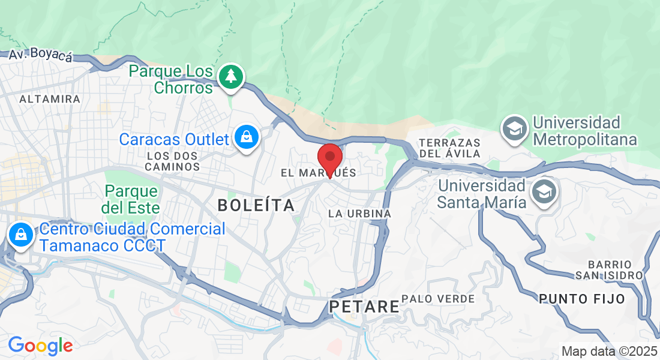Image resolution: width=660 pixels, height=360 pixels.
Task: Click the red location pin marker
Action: pyautogui.click(x=329, y=158)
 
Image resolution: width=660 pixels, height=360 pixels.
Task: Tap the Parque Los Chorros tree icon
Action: pyautogui.click(x=231, y=77)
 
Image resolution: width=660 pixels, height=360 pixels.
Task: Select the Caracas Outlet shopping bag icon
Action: pyautogui.click(x=246, y=138)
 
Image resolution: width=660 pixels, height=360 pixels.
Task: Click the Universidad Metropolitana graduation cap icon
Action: pyautogui.click(x=515, y=128)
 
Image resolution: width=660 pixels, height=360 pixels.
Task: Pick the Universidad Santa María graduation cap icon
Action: pyautogui.click(x=545, y=192)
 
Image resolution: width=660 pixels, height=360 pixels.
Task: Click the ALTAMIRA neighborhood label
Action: pyautogui.click(x=50, y=98)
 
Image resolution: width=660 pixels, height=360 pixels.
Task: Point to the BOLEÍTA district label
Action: pyautogui.click(x=256, y=205)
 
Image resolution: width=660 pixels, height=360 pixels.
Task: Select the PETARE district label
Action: pyautogui.click(x=364, y=307)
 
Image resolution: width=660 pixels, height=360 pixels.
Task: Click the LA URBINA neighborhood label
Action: pyautogui.click(x=360, y=214)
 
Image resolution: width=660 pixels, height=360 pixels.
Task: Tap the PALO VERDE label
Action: pyautogui.click(x=438, y=298)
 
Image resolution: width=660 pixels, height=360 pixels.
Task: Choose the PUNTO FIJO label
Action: pyautogui.click(x=581, y=298)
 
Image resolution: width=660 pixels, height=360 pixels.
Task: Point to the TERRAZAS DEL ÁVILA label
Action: pyautogui.click(x=450, y=148)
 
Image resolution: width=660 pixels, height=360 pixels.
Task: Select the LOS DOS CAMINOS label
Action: pyautogui.click(x=172, y=160)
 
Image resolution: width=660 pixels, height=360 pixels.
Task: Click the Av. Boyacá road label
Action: pyautogui.click(x=40, y=55)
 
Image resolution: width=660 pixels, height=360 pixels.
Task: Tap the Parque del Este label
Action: pyautogui.click(x=131, y=199)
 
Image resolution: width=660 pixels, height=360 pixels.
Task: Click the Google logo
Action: pyautogui.click(x=40, y=345)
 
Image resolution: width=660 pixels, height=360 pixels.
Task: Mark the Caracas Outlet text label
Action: pyautogui.click(x=174, y=139)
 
